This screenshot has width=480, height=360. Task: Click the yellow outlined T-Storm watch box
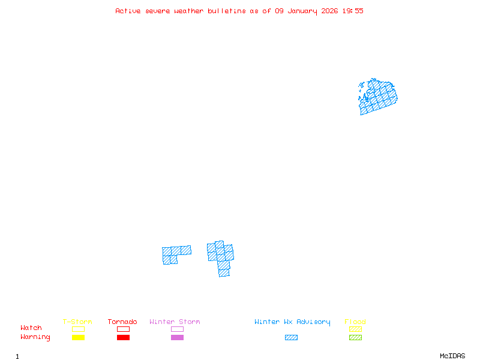[x=78, y=329]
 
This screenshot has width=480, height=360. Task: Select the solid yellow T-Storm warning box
[x=78, y=338]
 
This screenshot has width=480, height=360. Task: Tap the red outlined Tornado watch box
[x=123, y=329]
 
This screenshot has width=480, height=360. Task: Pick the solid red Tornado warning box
[x=123, y=338]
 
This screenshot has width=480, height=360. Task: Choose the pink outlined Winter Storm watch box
[x=177, y=329]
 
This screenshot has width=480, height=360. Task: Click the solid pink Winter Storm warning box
[x=177, y=338]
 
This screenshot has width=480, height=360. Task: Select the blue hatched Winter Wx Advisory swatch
[x=291, y=338]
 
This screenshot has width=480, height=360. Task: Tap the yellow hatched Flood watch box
[x=355, y=329]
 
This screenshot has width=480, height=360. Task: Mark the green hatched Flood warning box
[x=355, y=338]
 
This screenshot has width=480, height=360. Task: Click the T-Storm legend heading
[x=77, y=322]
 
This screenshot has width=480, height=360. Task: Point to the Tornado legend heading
[x=122, y=322]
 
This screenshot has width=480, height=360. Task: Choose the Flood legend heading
[x=355, y=322]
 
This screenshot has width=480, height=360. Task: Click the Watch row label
[x=31, y=328]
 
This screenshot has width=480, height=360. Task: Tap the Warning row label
[x=35, y=337]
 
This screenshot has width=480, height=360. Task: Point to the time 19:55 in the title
[x=353, y=11]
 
